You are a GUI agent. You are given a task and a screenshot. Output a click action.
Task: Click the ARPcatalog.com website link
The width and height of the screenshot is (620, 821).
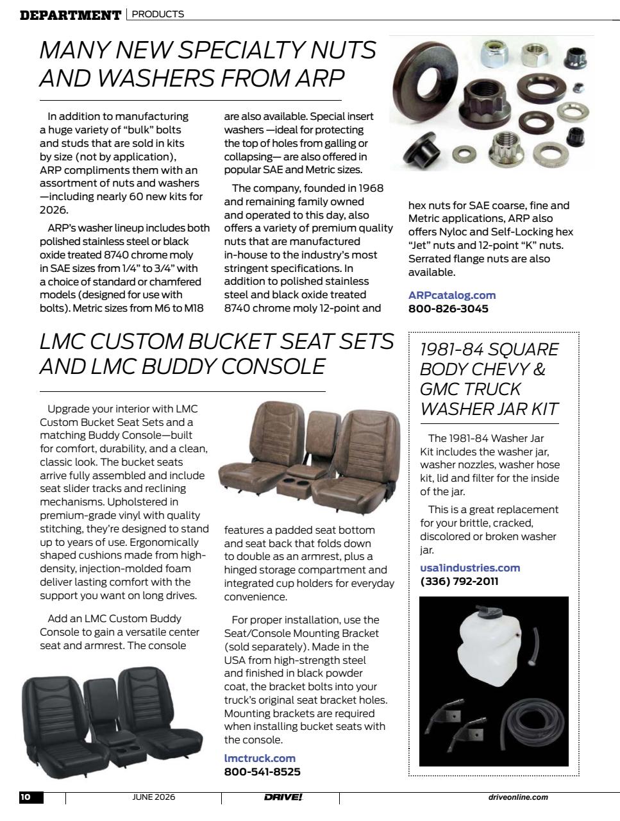[452, 295]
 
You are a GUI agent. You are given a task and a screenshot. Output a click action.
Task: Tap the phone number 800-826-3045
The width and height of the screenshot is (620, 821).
[448, 309]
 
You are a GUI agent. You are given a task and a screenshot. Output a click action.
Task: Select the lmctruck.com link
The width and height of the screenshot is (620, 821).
[260, 758]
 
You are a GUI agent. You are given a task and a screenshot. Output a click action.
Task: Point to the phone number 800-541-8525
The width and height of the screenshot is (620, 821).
[262, 772]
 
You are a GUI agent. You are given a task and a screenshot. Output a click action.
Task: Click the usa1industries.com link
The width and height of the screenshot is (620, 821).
[470, 568]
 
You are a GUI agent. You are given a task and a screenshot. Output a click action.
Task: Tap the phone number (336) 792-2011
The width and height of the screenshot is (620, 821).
[459, 582]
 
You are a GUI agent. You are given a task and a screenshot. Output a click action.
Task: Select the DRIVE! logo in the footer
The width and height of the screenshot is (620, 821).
[283, 797]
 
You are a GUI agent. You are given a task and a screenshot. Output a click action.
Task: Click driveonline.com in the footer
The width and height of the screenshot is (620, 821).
[518, 797]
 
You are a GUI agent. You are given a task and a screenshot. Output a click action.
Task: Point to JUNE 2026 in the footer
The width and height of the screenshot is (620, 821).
[153, 797]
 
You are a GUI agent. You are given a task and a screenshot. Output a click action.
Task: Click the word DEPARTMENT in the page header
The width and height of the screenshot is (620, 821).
[71, 15]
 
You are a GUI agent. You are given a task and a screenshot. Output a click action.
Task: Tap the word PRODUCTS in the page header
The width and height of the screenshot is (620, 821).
[158, 14]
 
